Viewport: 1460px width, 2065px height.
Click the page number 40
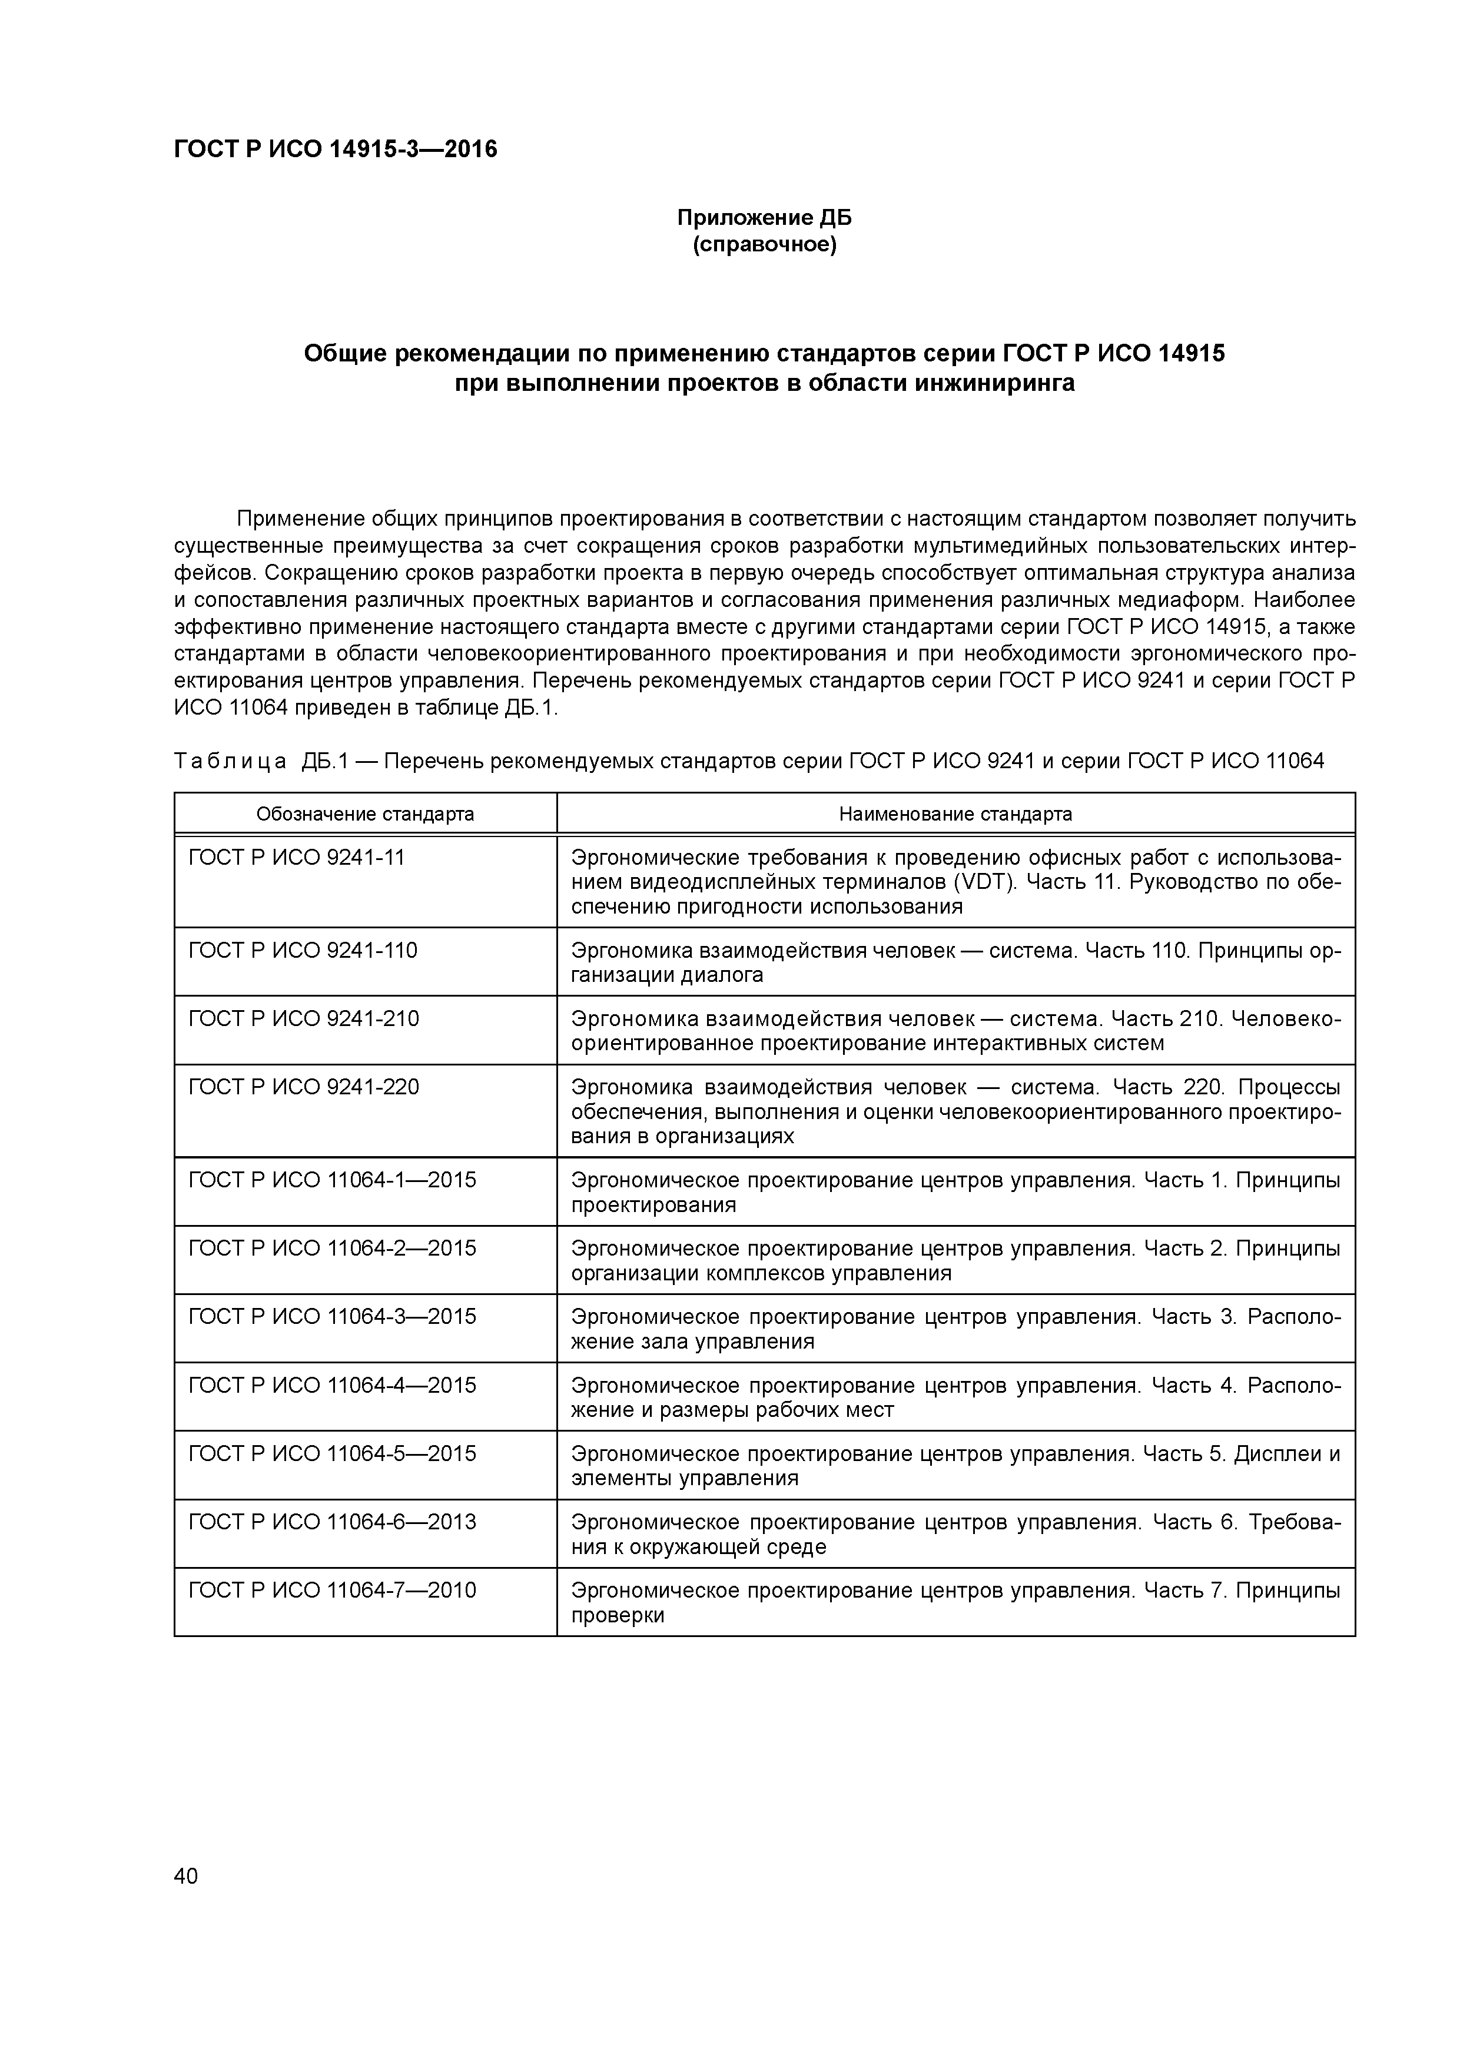point(186,1875)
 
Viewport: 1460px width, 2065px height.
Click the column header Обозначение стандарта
point(364,814)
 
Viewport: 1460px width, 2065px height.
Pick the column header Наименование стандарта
point(955,814)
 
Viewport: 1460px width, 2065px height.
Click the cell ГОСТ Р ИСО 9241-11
point(297,857)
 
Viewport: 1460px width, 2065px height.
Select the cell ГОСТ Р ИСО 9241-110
point(303,951)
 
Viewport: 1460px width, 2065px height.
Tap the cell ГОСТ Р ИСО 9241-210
point(303,1019)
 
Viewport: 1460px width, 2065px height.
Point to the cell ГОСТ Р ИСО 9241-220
point(303,1087)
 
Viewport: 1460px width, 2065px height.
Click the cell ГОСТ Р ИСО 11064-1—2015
point(332,1180)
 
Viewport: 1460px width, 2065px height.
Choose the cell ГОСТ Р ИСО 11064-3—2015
point(332,1317)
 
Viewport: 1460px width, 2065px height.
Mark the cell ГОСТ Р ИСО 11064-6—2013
point(332,1522)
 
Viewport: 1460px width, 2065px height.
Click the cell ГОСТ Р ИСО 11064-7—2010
point(332,1590)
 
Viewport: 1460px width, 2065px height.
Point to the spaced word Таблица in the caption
point(230,762)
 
